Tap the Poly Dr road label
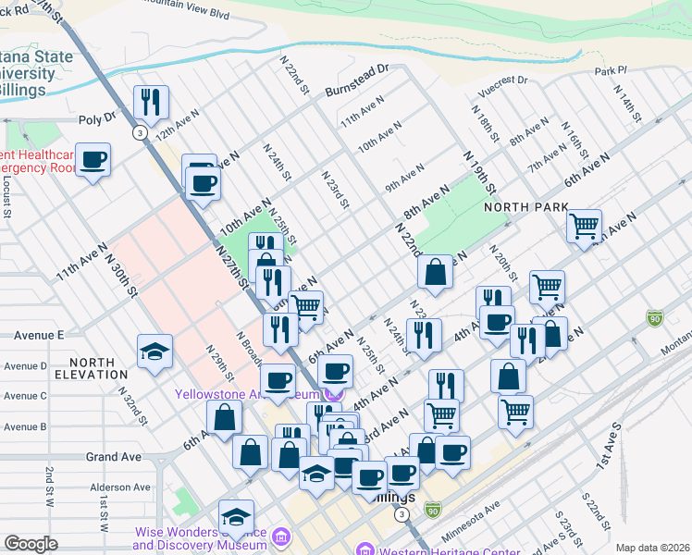(x=98, y=118)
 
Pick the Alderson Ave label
(x=119, y=487)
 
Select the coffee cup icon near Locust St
(x=93, y=159)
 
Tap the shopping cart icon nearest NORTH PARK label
(x=584, y=225)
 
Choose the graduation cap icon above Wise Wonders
(x=236, y=516)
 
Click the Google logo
(x=31, y=544)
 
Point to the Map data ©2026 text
(x=651, y=548)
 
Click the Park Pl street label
(x=612, y=70)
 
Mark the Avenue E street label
(x=34, y=335)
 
